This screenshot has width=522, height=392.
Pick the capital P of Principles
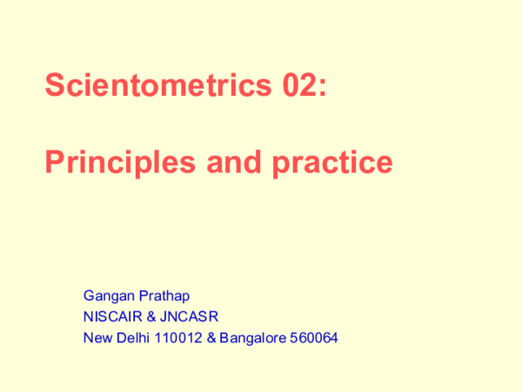(53, 162)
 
